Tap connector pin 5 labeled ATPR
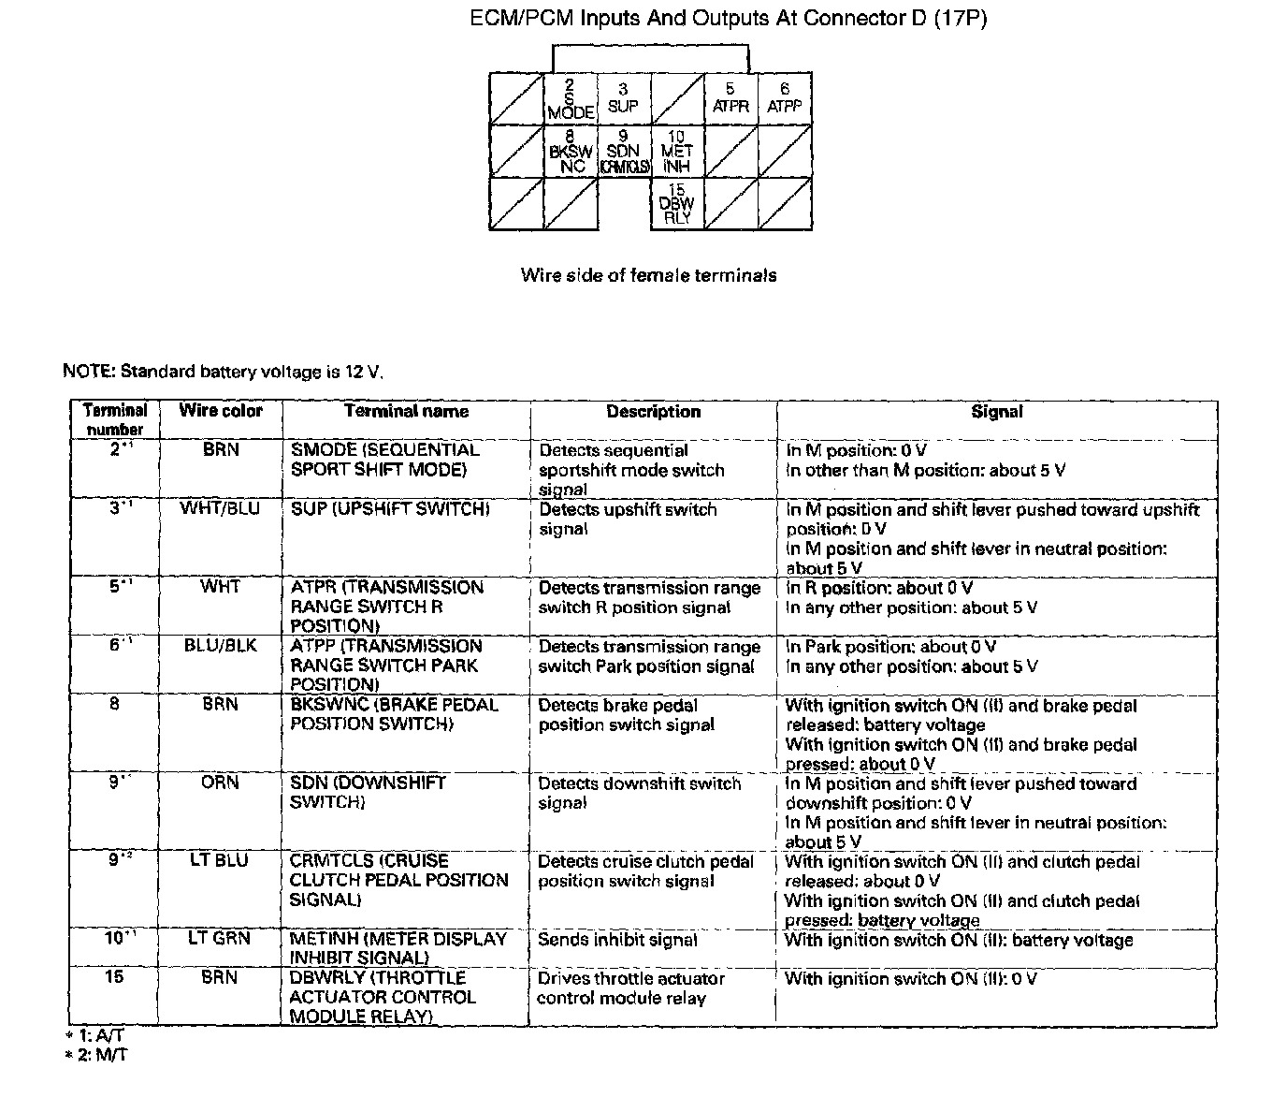[x=730, y=98]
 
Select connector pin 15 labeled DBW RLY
[x=677, y=204]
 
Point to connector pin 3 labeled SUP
[x=623, y=98]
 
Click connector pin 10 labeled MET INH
[x=677, y=151]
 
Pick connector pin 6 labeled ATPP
[x=785, y=98]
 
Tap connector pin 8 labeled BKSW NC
[x=571, y=151]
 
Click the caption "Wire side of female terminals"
[x=648, y=275]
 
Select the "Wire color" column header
[x=221, y=411]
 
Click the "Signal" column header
[x=997, y=412]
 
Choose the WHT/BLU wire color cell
[x=221, y=509]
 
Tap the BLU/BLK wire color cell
[x=221, y=646]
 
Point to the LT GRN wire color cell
[x=221, y=938]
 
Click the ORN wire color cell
[x=221, y=783]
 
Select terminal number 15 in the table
[x=114, y=977]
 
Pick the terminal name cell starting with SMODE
[x=384, y=460]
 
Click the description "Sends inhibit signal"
[x=617, y=940]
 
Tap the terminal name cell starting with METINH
[x=398, y=947]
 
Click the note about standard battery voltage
[x=223, y=372]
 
